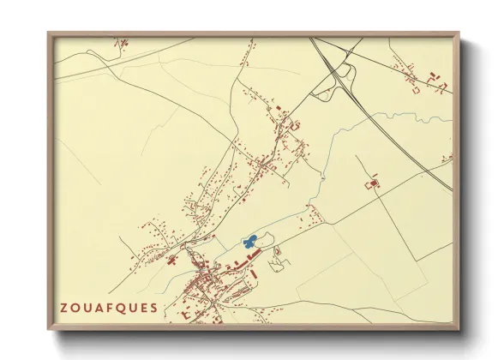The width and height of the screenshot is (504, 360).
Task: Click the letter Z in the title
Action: pos(64,308)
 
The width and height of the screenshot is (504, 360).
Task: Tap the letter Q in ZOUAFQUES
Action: pos(119,308)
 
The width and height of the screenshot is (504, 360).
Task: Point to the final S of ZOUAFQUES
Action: pos(153,308)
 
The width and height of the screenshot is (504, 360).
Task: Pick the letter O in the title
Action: pos(75,308)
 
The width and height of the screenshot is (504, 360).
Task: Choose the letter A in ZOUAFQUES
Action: pos(97,308)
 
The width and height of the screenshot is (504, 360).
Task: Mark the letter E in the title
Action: pos(142,308)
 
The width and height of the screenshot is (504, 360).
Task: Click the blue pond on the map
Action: pos(249,243)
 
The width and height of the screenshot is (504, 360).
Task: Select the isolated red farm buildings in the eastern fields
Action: pos(373,184)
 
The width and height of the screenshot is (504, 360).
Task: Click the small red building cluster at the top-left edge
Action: pos(123,41)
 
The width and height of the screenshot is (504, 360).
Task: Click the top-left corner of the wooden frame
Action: pos(48,33)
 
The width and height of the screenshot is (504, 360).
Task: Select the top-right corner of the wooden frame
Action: pos(459,33)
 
